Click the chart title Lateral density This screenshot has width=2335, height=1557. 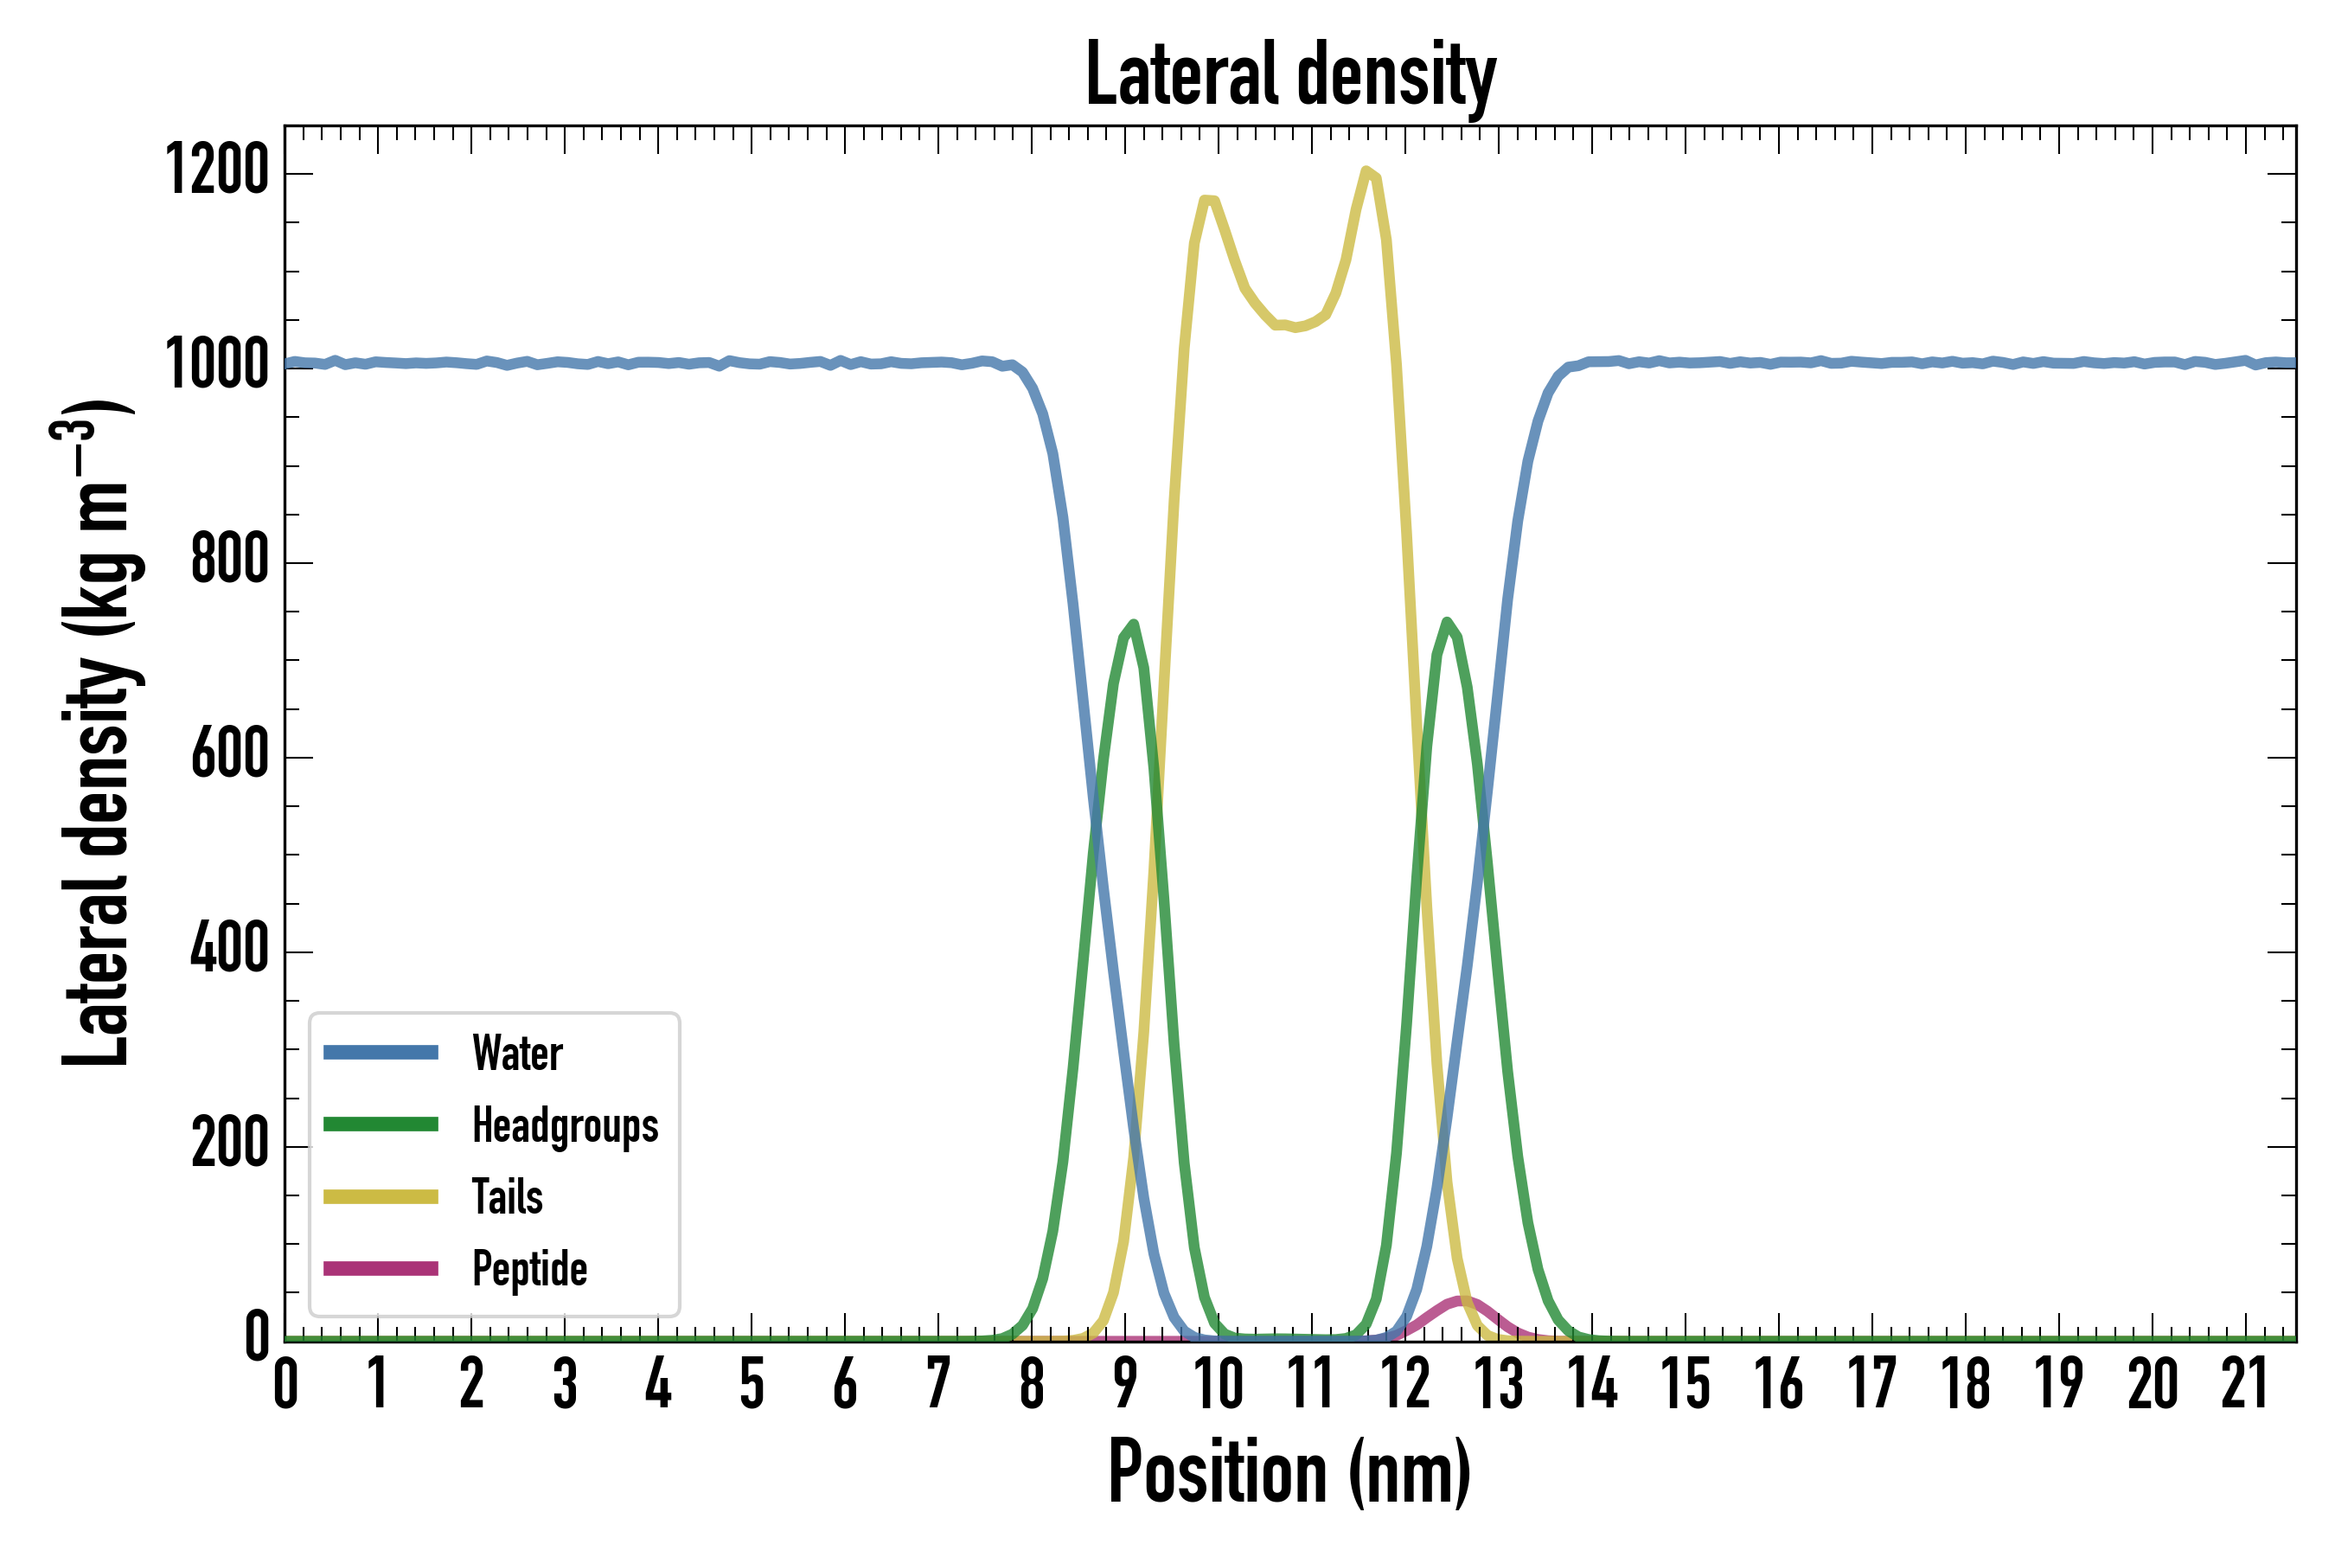point(1289,74)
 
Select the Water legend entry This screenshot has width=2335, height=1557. point(516,1053)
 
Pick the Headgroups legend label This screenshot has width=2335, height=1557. point(564,1125)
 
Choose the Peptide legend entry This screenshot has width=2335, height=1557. point(529,1269)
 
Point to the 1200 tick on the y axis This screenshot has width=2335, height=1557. point(217,170)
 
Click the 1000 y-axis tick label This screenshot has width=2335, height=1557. point(217,365)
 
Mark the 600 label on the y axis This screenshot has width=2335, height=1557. point(229,756)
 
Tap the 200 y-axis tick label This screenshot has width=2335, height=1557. point(229,1145)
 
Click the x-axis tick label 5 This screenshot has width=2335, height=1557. point(752,1384)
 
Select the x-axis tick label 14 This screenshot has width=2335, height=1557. point(1592,1384)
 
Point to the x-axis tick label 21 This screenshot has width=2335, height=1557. point(2246,1384)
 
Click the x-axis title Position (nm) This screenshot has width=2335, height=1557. point(1289,1472)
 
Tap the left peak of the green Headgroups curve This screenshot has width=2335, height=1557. point(1133,624)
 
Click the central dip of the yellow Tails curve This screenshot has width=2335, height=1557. point(1294,327)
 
